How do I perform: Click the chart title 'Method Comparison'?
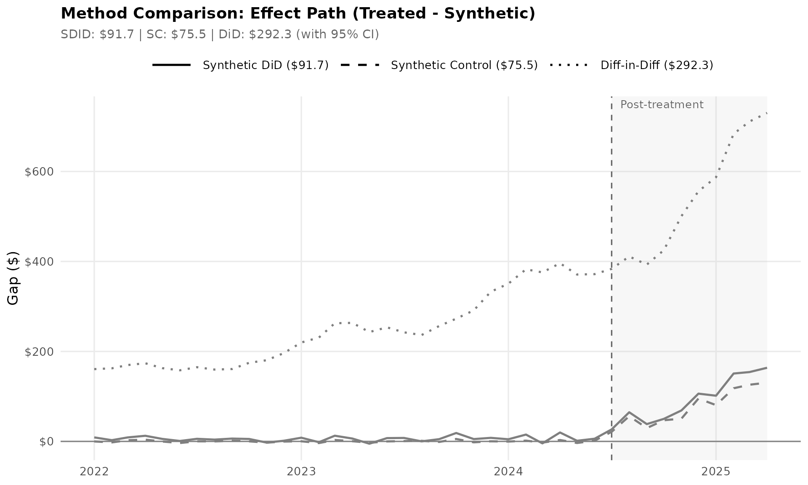point(298,13)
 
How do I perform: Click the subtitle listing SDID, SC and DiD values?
point(220,35)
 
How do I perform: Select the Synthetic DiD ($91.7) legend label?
point(266,65)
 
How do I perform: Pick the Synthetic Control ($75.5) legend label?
point(464,65)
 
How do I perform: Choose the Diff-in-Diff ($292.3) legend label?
point(656,65)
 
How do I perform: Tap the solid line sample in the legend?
point(172,65)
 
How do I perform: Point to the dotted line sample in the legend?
point(569,65)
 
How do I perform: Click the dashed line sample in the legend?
point(360,65)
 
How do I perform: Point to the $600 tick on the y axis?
point(39,172)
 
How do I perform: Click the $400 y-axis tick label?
point(39,262)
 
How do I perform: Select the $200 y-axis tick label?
point(39,352)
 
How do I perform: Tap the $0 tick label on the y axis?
point(46,442)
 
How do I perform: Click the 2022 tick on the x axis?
point(94,472)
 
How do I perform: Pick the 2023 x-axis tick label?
point(301,472)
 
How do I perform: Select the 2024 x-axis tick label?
point(508,472)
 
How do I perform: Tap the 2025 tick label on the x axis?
point(715,472)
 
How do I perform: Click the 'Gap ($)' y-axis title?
point(13,278)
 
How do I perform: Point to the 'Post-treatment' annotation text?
point(662,105)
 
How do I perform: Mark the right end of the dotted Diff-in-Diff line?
point(766,113)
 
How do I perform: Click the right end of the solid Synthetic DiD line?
point(766,368)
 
